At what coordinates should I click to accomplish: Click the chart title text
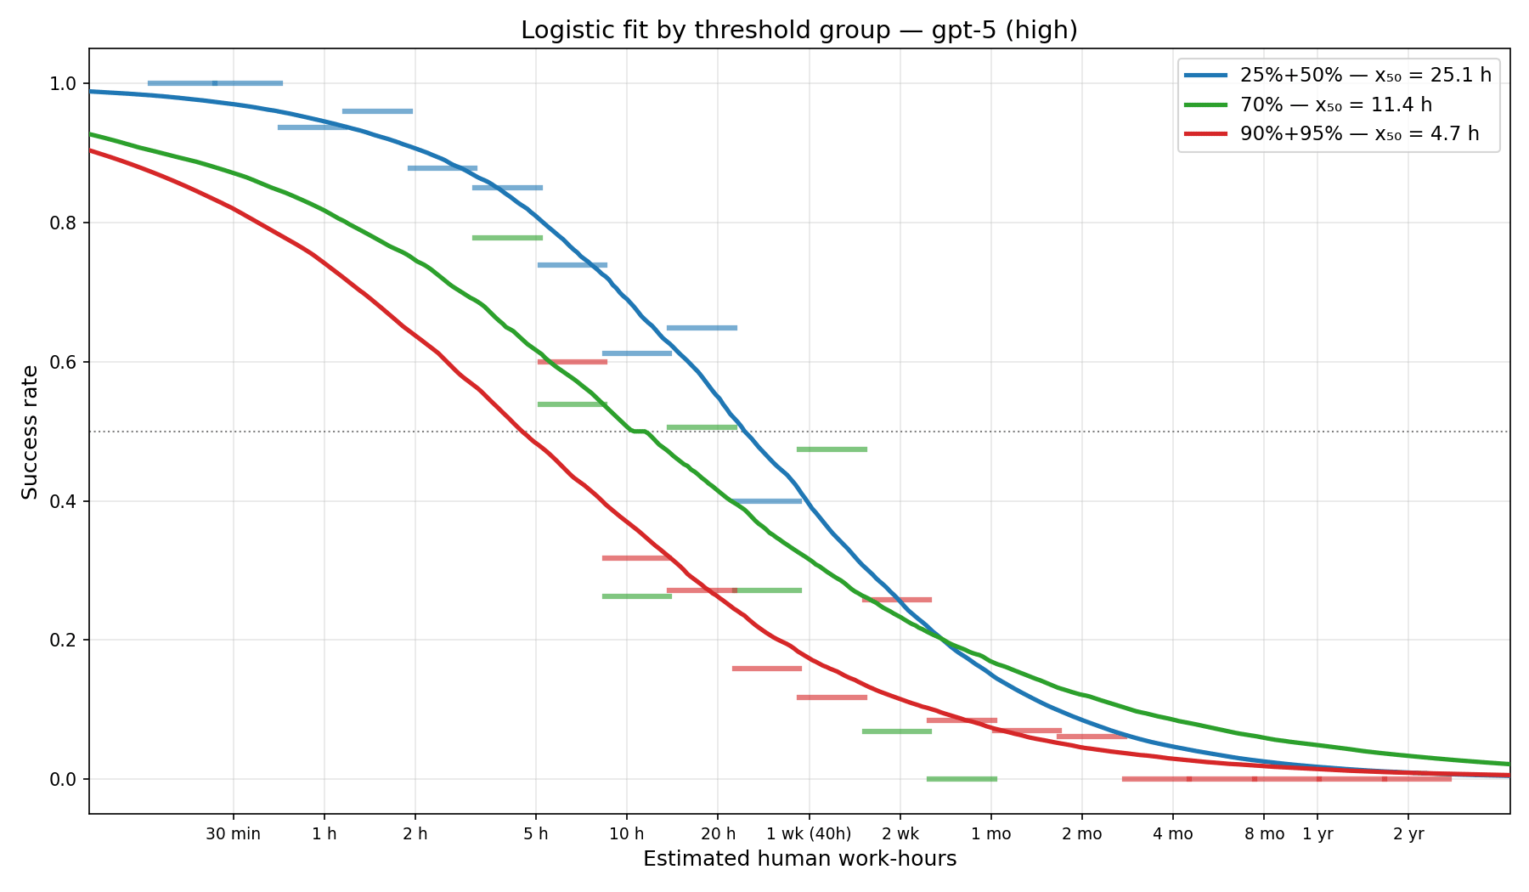[798, 31]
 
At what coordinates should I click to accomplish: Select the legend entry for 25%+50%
[1365, 75]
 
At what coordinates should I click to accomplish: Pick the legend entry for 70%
[1335, 104]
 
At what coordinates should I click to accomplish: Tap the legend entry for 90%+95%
[1359, 133]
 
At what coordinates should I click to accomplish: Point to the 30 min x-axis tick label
[233, 834]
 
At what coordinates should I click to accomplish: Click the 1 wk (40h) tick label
[809, 834]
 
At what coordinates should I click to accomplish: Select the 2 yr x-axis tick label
[1408, 834]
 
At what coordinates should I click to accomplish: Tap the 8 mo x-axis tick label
[1264, 834]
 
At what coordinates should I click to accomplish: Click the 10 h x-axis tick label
[627, 834]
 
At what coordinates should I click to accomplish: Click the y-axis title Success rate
[31, 432]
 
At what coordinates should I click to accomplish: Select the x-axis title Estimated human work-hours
[799, 859]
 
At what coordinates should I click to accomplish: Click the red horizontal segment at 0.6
[573, 362]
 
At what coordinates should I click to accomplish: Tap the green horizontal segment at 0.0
[962, 778]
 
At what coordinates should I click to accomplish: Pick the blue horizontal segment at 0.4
[766, 501]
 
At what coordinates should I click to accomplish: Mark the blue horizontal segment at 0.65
[702, 328]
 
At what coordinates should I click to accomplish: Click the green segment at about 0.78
[507, 238]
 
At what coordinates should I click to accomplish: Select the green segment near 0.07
[897, 731]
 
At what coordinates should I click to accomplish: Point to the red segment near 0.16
[766, 669]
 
